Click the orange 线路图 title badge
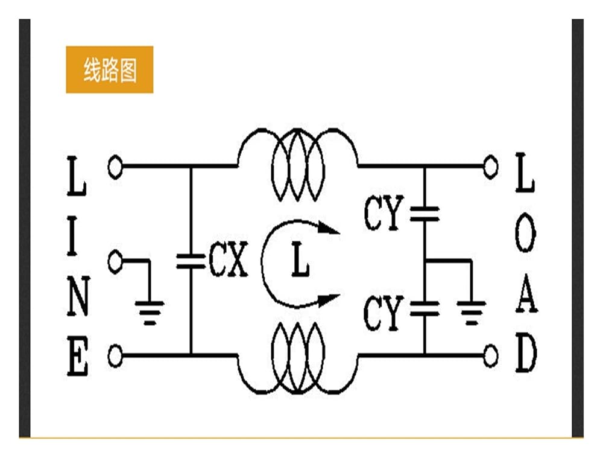pos(110,69)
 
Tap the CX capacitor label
pos(229,259)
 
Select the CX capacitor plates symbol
pos(191,261)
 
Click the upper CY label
pos(384,212)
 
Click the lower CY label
pos(384,313)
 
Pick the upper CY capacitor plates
pos(425,214)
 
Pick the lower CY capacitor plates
pos(425,309)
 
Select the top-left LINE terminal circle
pos(115,167)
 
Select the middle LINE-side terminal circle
pos(115,261)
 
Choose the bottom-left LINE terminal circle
pos(115,356)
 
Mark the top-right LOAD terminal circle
pos(490,167)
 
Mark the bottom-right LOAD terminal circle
pos(490,356)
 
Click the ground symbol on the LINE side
pos(150,313)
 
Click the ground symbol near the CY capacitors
pos(472,313)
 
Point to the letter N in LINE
pos(78,296)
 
